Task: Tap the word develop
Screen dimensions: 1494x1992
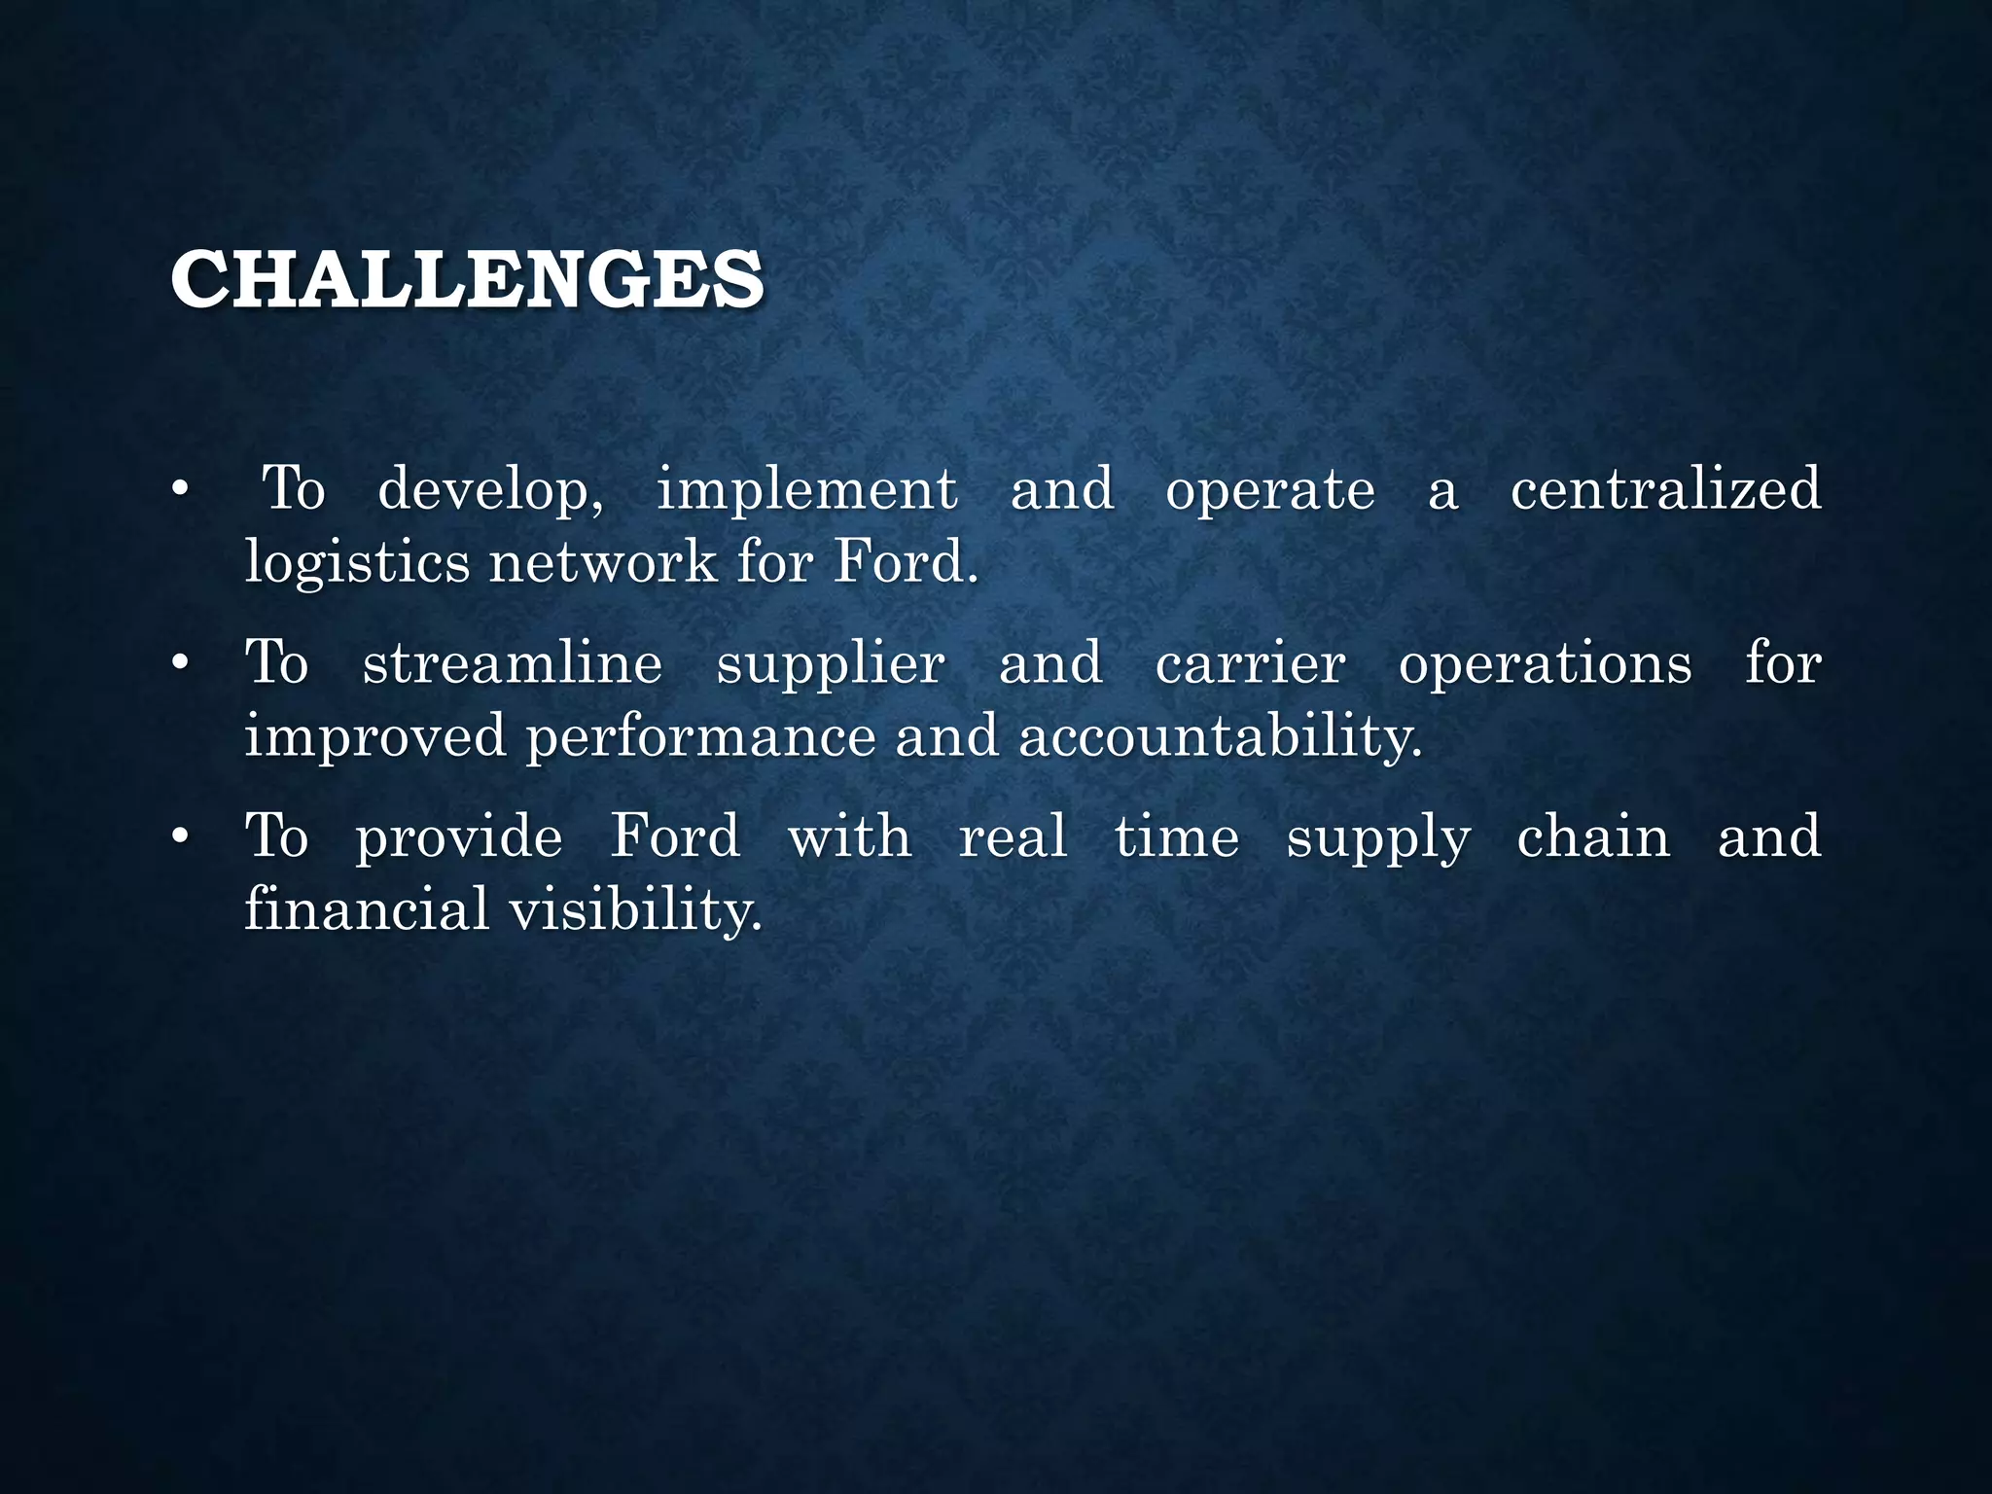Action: (x=489, y=490)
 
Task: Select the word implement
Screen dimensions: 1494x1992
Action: (x=806, y=488)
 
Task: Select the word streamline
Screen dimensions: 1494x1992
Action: (x=513, y=663)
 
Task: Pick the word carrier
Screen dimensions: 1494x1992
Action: (x=1251, y=663)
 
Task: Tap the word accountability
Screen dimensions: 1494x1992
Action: (x=1220, y=738)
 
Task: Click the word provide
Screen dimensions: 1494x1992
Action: (x=459, y=838)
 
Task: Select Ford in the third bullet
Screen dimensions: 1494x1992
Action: (x=675, y=836)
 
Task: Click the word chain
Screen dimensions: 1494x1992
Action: (x=1593, y=836)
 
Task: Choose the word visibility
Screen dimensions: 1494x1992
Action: (x=635, y=910)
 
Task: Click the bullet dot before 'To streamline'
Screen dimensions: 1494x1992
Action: (x=179, y=664)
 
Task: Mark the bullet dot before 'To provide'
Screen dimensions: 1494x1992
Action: (x=179, y=837)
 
